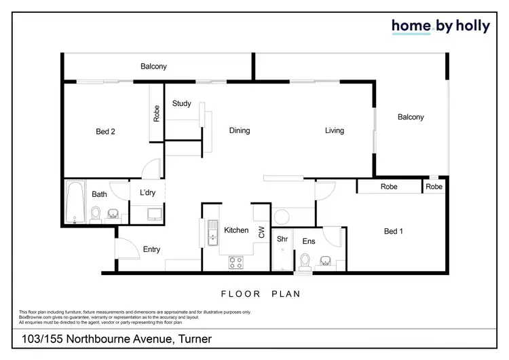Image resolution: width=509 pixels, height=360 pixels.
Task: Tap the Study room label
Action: pos(181,104)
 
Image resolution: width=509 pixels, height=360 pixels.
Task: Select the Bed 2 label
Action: pos(105,132)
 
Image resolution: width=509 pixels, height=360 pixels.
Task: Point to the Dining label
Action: pos(240,130)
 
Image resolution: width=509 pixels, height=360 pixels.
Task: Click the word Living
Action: pos(334,130)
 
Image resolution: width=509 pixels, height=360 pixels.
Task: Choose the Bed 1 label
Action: pos(394,232)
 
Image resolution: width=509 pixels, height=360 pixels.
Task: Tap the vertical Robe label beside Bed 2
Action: pos(156,113)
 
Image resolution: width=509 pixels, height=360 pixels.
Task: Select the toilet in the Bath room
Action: pos(96,215)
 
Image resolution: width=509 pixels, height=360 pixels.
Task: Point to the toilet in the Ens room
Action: pos(305,262)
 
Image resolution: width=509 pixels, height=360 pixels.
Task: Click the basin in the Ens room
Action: pos(326,262)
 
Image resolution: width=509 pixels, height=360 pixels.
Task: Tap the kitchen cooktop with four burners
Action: pos(237,262)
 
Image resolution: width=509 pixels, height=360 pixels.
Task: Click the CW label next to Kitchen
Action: pos(261,232)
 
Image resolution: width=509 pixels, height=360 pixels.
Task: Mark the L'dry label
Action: pos(147,193)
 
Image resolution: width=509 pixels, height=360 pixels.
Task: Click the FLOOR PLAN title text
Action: pos(261,295)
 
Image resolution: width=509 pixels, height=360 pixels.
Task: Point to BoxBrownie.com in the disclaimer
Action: pos(35,316)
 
